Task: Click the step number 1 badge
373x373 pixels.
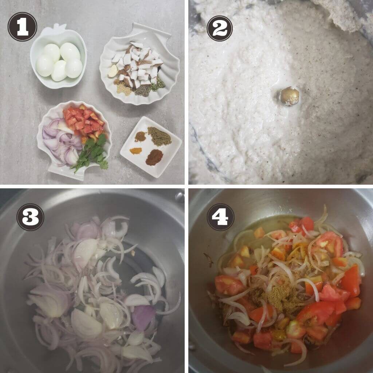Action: (x=22, y=27)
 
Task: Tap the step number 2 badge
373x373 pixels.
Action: (x=220, y=28)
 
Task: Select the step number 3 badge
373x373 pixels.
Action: (x=30, y=217)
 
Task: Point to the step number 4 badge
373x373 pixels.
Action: (x=220, y=217)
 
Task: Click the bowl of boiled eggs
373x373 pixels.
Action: (x=58, y=57)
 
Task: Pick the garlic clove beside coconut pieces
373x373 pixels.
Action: (x=113, y=71)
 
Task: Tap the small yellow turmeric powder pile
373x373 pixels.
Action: (x=136, y=150)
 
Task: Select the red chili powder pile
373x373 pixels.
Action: (x=154, y=157)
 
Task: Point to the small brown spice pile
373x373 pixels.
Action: (x=140, y=137)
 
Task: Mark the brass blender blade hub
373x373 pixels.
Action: (x=290, y=96)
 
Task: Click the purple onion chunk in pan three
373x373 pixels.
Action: (x=144, y=317)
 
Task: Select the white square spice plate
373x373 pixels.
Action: (x=151, y=147)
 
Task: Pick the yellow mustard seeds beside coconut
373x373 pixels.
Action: (x=124, y=89)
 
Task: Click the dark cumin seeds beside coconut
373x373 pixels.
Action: (x=143, y=91)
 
